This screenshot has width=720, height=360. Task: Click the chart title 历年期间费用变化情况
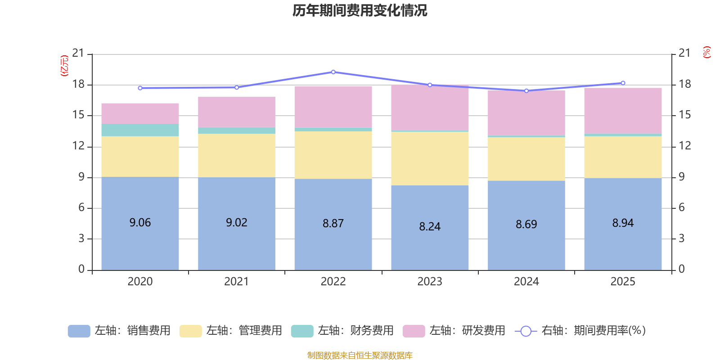[360, 10]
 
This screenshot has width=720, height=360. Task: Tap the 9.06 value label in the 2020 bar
[140, 223]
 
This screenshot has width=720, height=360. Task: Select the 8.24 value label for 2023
[430, 226]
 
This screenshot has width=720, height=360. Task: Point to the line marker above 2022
[333, 72]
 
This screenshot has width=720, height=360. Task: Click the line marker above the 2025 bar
[623, 83]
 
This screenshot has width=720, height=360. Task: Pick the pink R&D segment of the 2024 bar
[526, 112]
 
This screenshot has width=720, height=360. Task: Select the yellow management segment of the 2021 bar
[237, 155]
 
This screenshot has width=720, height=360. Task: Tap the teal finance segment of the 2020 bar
[140, 130]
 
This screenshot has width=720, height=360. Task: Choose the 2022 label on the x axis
[333, 282]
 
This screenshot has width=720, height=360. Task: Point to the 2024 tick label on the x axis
[526, 282]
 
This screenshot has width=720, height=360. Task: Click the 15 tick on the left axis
[78, 115]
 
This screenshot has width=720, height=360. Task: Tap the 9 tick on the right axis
[681, 177]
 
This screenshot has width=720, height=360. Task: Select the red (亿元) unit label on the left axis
[64, 66]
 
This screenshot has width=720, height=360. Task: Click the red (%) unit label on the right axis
[706, 52]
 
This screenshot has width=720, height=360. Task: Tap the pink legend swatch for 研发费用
[414, 331]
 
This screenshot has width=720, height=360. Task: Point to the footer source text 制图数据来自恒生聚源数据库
[360, 355]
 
